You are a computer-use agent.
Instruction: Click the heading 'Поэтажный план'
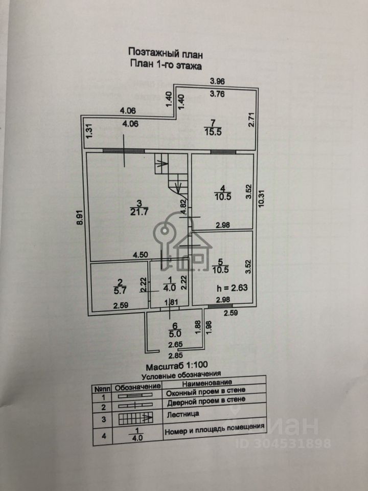coord(166,53)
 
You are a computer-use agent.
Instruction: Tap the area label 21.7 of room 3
coord(139,212)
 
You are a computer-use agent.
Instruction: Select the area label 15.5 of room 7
coord(213,132)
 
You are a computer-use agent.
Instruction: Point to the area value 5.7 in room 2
coord(120,291)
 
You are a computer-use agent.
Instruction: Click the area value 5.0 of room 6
coord(175,334)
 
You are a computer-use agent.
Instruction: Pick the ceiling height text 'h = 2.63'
coord(232,287)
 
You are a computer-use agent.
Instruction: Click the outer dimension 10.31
coord(262,198)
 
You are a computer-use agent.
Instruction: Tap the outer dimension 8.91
coord(80,217)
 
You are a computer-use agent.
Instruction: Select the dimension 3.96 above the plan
coord(217,81)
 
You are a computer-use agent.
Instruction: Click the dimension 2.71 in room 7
coord(251,120)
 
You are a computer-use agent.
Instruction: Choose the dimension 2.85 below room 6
coord(176,356)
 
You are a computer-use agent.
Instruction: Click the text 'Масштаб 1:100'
coord(177,366)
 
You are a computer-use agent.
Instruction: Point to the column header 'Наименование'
coord(207,383)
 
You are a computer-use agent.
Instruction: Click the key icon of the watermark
coord(164,241)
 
